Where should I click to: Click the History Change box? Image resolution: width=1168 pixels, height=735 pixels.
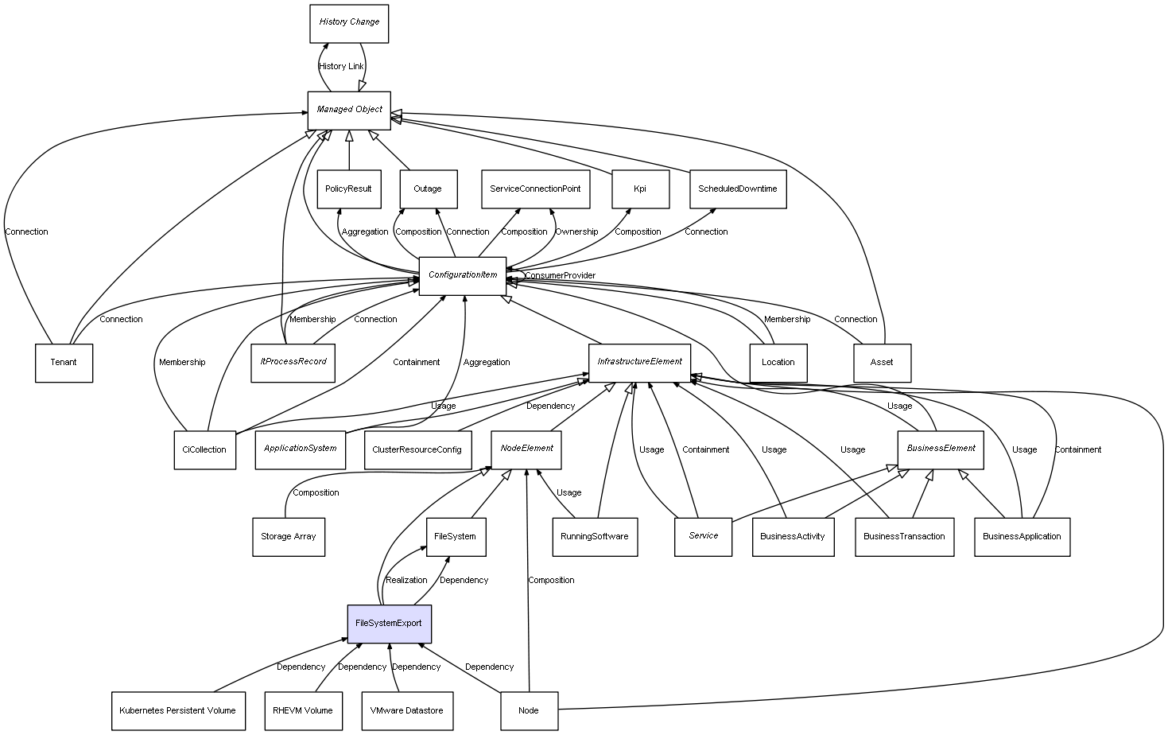pyautogui.click(x=349, y=23)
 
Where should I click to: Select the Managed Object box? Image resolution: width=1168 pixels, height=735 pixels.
pyautogui.click(x=349, y=110)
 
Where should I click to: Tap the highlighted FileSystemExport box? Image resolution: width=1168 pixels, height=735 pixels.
pyautogui.click(x=389, y=624)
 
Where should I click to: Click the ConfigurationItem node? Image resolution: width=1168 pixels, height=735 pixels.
pyautogui.click(x=463, y=275)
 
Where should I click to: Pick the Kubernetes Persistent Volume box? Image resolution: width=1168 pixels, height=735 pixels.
pyautogui.click(x=177, y=711)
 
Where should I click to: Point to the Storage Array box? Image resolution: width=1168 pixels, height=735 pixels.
pyautogui.click(x=288, y=537)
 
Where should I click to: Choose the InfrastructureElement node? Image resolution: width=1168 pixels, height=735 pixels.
pyautogui.click(x=639, y=362)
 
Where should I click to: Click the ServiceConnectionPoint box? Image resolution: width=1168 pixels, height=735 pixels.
pyautogui.click(x=535, y=189)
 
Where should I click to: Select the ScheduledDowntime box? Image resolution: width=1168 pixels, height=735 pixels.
pyautogui.click(x=737, y=189)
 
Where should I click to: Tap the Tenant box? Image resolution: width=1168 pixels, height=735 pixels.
pyautogui.click(x=64, y=363)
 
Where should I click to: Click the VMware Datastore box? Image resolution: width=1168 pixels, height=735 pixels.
pyautogui.click(x=407, y=711)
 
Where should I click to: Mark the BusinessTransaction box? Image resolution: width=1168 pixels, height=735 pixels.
pyautogui.click(x=904, y=537)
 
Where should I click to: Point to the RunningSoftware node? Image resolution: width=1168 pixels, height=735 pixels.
pyautogui.click(x=594, y=537)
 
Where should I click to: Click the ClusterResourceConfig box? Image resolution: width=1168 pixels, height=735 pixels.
pyautogui.click(x=417, y=450)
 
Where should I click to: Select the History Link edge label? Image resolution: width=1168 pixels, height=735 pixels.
pyautogui.click(x=341, y=66)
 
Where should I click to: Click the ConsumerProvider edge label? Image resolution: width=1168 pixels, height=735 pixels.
pyautogui.click(x=560, y=276)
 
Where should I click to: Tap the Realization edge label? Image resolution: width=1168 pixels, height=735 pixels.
pyautogui.click(x=406, y=580)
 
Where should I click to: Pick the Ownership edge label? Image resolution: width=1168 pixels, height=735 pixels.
pyautogui.click(x=576, y=231)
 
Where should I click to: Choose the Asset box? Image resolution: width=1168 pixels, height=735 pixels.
pyautogui.click(x=881, y=363)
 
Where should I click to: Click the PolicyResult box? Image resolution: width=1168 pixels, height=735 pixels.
pyautogui.click(x=348, y=189)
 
